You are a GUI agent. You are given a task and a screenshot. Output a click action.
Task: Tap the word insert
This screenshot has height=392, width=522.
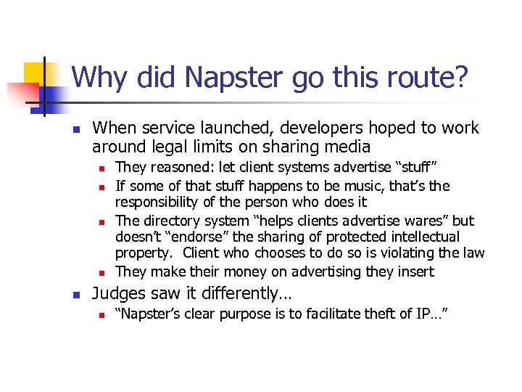click(x=415, y=271)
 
